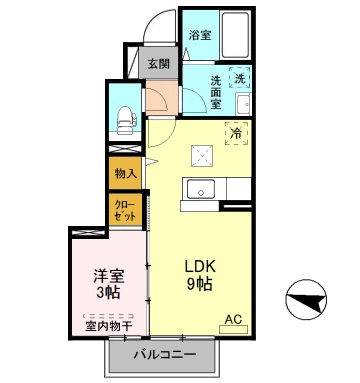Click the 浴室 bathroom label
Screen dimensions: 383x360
[200, 35]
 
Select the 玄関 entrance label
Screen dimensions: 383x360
[158, 62]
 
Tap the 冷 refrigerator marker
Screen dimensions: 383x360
[236, 131]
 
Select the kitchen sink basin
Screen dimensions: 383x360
[199, 189]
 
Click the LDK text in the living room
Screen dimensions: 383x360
[196, 266]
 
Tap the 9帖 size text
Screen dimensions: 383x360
[197, 285]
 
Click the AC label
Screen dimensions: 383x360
[233, 320]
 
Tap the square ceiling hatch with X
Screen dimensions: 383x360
[205, 153]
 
